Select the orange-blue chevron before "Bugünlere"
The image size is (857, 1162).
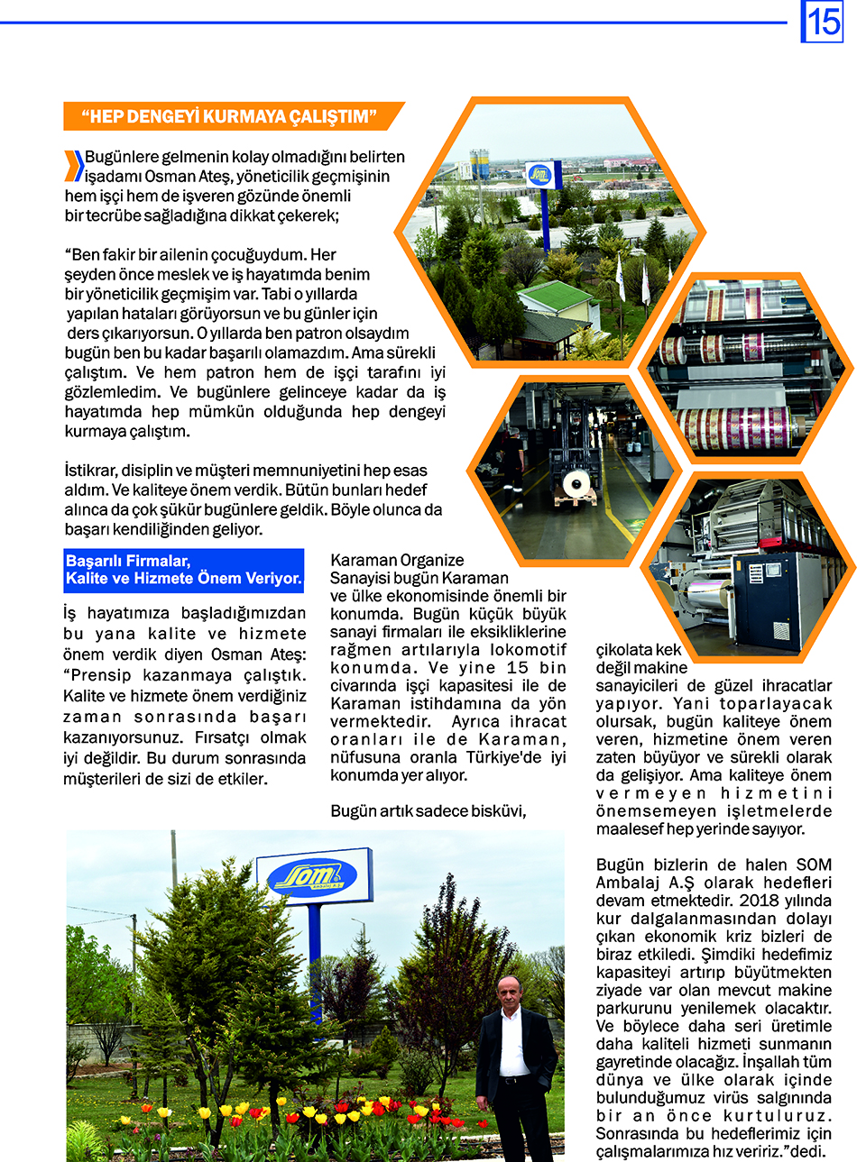(x=75, y=166)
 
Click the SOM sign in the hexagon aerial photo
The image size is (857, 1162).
(x=542, y=173)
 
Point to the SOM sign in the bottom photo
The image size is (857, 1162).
(x=313, y=874)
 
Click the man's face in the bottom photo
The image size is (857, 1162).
(x=510, y=993)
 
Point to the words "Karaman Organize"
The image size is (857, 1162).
(x=397, y=560)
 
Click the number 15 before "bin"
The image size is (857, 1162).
(x=517, y=668)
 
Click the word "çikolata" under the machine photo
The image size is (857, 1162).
(x=623, y=650)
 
